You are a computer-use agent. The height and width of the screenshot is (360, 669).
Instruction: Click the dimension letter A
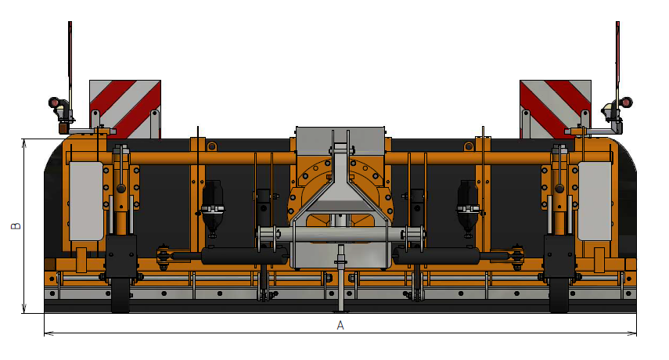[340, 326]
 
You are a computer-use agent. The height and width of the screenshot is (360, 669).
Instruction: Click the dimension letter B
[16, 225]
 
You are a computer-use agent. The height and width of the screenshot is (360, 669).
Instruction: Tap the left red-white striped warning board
[125, 110]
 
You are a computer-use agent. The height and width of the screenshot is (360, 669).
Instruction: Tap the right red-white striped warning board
[556, 110]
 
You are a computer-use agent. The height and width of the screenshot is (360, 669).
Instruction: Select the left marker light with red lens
[54, 103]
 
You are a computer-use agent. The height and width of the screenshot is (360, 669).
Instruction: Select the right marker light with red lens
[626, 103]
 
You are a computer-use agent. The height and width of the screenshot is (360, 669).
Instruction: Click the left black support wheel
[120, 295]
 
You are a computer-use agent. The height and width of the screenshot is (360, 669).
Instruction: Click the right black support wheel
[559, 295]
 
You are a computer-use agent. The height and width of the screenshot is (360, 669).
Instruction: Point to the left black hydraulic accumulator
[213, 206]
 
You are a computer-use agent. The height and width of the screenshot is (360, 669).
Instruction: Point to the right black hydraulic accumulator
[468, 206]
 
